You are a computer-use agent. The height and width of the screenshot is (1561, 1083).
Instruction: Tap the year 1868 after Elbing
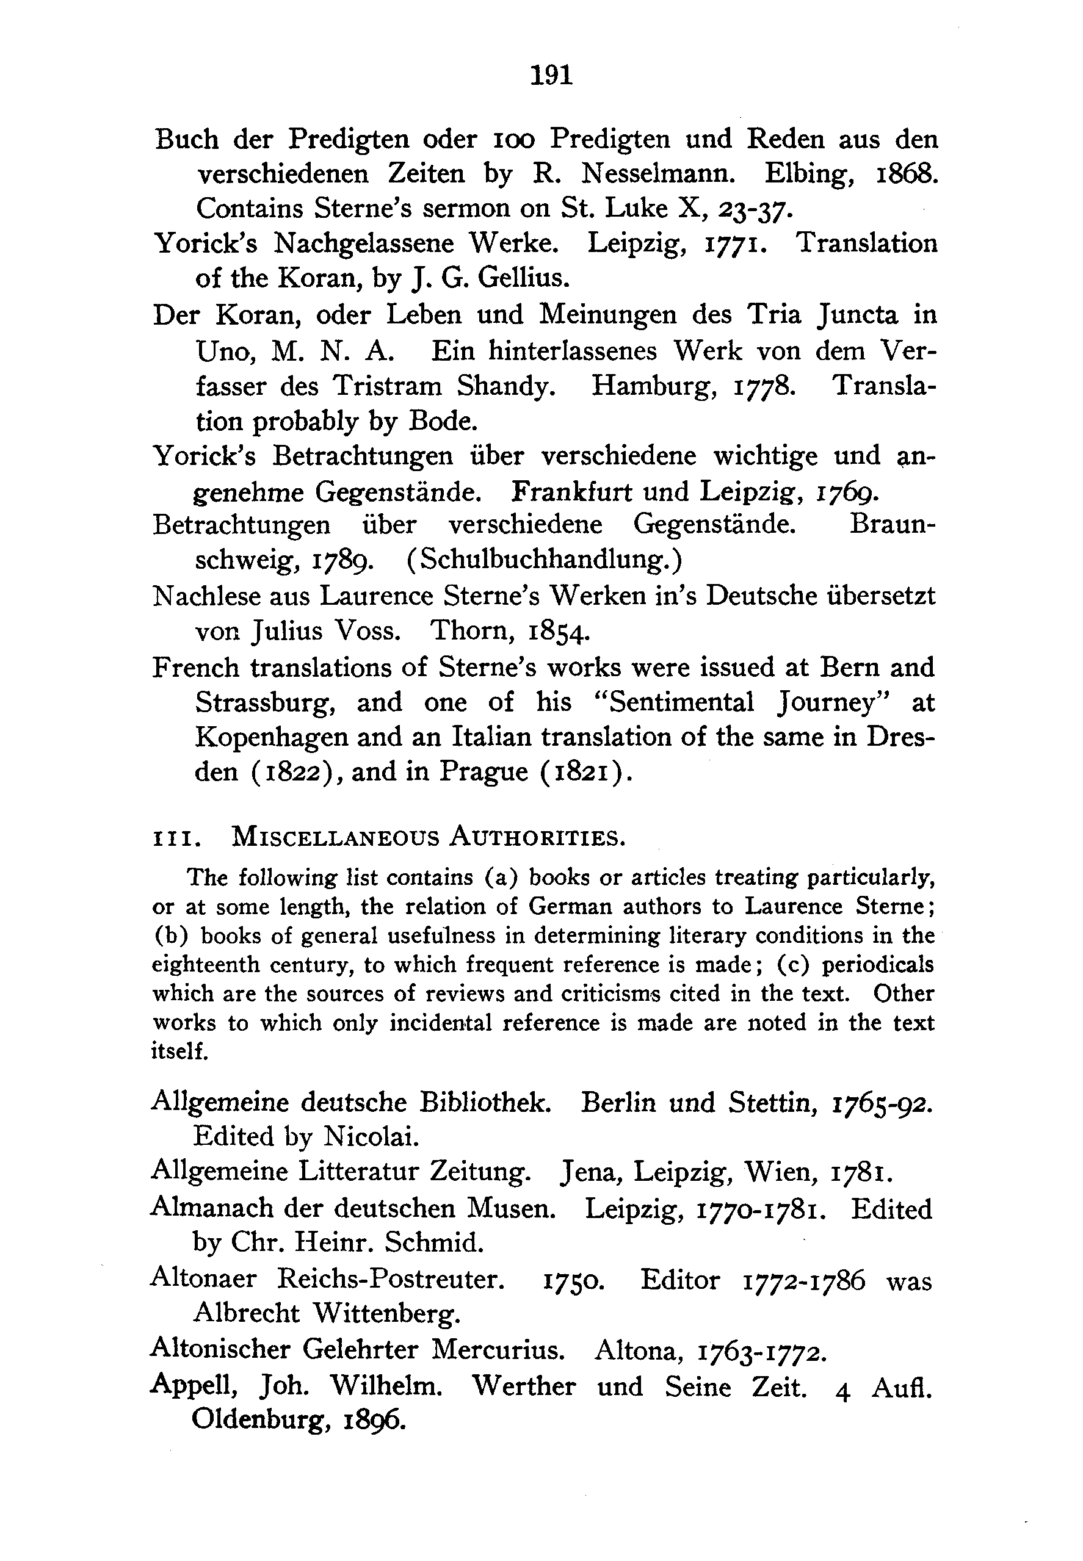[902, 175]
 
